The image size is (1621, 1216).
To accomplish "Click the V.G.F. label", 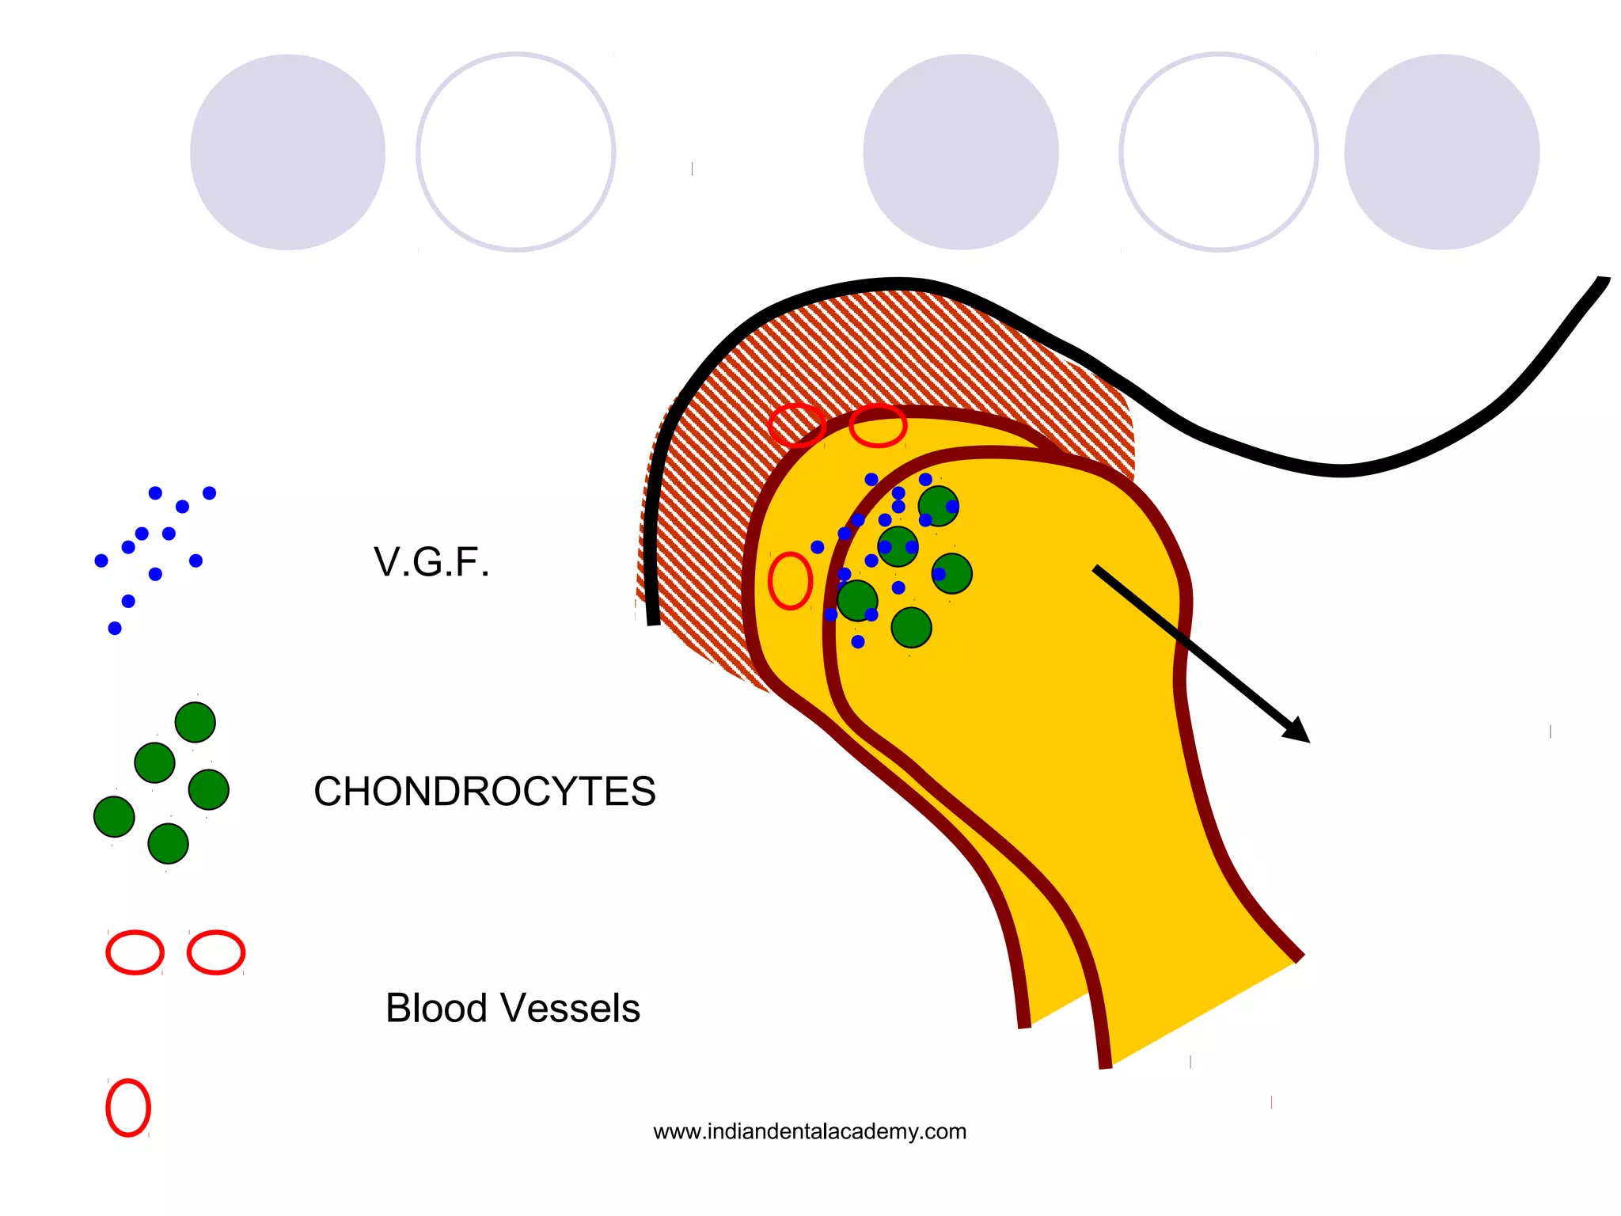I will (431, 562).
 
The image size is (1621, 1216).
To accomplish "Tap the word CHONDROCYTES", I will (484, 791).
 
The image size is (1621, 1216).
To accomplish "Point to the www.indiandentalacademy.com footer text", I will (810, 1131).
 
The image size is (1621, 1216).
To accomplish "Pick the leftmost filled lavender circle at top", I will (287, 152).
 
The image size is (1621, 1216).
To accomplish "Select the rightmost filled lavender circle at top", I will (1441, 152).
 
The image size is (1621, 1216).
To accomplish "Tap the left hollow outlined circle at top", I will (516, 152).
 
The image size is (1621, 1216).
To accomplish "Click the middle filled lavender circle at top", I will (961, 152).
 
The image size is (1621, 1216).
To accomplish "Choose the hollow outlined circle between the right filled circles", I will (1219, 152).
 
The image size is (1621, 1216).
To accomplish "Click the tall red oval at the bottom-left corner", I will (128, 1108).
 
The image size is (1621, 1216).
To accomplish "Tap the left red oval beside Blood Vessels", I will (135, 952).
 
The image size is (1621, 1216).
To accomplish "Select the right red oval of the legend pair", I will (216, 952).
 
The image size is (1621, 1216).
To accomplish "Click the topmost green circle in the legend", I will (195, 722).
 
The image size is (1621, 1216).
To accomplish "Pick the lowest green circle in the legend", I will (168, 843).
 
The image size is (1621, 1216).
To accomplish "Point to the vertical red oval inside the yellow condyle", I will (790, 580).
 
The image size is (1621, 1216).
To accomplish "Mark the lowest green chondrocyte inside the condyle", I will (911, 628).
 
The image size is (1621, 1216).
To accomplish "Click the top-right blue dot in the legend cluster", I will (209, 493).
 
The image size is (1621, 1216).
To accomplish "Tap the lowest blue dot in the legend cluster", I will (115, 628).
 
